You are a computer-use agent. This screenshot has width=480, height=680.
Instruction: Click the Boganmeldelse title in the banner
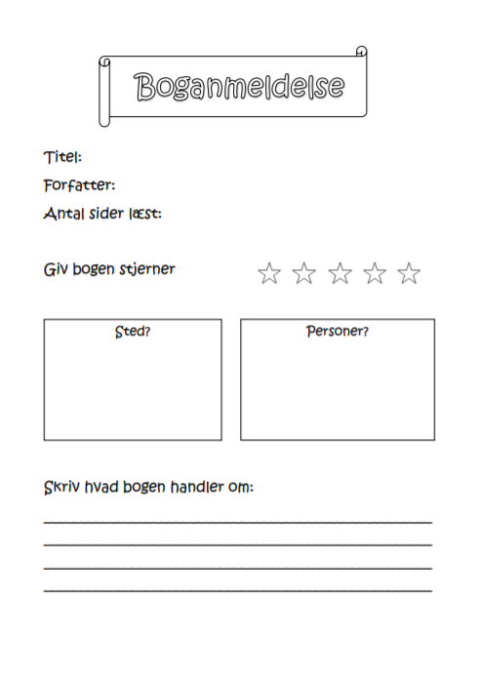point(239,87)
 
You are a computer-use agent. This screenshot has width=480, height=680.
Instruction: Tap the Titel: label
point(62,157)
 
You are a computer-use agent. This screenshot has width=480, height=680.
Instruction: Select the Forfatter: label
point(79,184)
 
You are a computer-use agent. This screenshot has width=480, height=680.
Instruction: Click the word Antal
point(62,213)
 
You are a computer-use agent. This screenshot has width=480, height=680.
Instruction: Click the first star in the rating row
point(269,273)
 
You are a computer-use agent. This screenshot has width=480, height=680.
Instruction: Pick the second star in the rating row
point(304,273)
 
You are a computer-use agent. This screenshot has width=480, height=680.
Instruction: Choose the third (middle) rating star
point(340,273)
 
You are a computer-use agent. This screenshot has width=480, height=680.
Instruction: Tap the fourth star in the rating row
point(375,273)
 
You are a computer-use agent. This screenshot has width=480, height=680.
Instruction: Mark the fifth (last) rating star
point(410,273)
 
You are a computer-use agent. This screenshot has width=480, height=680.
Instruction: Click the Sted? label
point(133,331)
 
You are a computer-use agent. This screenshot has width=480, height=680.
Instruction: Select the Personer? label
point(338,331)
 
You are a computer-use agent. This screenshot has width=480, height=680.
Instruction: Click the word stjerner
point(146,269)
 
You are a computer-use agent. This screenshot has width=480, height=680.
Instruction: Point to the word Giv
point(56,268)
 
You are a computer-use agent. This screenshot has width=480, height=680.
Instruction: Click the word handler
point(193,486)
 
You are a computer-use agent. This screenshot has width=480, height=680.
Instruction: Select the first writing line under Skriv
point(238,522)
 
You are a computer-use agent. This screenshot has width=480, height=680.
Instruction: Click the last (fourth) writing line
point(238,590)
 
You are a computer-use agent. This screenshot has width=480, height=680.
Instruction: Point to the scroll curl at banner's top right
point(360,51)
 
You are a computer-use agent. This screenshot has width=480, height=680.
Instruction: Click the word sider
point(106,213)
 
